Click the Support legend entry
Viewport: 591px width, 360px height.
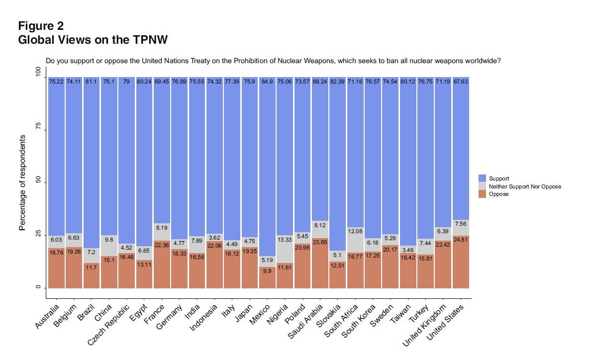pos(499,178)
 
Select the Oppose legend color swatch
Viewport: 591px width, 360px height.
pos(482,194)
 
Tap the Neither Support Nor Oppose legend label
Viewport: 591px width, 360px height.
pos(525,186)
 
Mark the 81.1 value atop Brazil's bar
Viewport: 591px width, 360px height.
pos(91,81)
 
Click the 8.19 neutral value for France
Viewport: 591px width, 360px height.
pos(161,228)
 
